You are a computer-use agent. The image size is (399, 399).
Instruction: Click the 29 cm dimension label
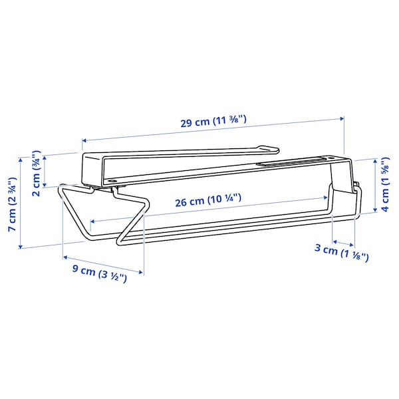pos(213,122)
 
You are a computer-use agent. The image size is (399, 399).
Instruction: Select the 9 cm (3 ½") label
pos(99,273)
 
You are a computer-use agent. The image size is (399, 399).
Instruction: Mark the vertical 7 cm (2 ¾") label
pos(11,203)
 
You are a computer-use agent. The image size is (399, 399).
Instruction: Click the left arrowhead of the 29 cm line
pos(83,140)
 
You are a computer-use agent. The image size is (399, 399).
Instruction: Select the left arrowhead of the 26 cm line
pos(91,221)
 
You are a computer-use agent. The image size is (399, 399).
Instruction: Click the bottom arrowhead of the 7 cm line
pos(21,246)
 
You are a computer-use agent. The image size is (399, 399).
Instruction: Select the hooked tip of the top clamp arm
pos(274,148)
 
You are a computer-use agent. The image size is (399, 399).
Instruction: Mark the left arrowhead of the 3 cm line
pos(334,241)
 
